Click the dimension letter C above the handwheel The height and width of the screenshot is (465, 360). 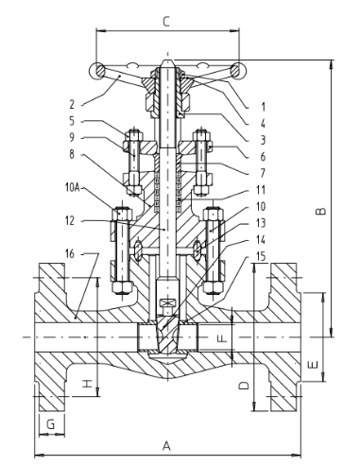166,21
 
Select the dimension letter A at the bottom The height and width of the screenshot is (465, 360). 166,446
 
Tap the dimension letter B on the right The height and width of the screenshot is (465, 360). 321,211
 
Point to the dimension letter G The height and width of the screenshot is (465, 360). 50,424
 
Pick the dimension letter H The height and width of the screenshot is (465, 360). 87,383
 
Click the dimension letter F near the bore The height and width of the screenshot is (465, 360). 222,338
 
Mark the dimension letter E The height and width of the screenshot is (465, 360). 313,365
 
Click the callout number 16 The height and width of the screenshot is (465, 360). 70,253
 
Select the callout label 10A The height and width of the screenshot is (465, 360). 73,188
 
